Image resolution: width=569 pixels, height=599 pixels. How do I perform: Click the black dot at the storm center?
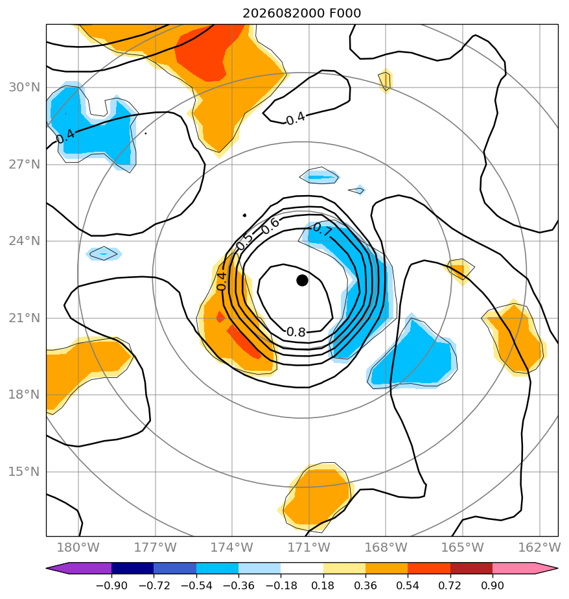click(x=302, y=281)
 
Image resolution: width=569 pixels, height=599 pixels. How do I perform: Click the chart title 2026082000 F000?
click(x=302, y=14)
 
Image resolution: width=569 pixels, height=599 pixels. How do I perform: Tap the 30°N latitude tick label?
click(x=25, y=88)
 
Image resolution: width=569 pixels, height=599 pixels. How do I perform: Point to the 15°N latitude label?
click(x=25, y=472)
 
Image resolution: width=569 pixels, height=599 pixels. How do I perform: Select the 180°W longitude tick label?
click(x=78, y=547)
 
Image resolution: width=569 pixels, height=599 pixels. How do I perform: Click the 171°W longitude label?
click(x=308, y=547)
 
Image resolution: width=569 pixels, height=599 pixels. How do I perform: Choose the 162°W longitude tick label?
click(x=539, y=547)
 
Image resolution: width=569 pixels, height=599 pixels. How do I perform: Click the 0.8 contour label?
click(x=296, y=332)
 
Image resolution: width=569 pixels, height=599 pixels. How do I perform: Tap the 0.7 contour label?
click(x=323, y=230)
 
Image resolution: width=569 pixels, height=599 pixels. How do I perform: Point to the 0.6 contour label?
click(x=270, y=226)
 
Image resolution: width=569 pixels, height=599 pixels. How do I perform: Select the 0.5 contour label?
click(x=244, y=241)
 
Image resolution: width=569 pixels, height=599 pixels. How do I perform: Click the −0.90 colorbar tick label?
click(x=111, y=585)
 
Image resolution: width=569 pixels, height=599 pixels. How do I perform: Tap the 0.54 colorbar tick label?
click(x=408, y=585)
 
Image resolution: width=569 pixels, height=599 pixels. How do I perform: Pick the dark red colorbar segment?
click(x=471, y=568)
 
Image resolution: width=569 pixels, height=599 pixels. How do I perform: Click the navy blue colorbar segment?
click(x=132, y=568)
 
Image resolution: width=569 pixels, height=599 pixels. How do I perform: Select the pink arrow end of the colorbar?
click(x=525, y=568)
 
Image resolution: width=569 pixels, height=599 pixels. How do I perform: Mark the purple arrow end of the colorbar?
click(x=79, y=568)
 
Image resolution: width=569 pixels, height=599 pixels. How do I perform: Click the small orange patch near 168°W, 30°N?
click(x=386, y=80)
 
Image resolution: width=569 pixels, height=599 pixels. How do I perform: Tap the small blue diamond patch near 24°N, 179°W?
click(x=104, y=253)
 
